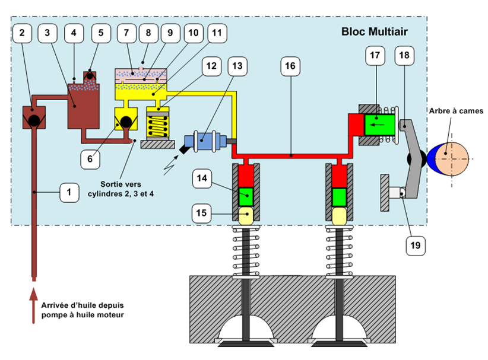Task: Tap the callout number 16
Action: click(290, 66)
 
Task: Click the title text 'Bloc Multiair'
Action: click(374, 31)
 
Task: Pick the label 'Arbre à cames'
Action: click(458, 110)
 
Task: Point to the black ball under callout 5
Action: click(90, 77)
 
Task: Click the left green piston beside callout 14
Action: click(246, 196)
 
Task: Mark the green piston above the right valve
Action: click(339, 196)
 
